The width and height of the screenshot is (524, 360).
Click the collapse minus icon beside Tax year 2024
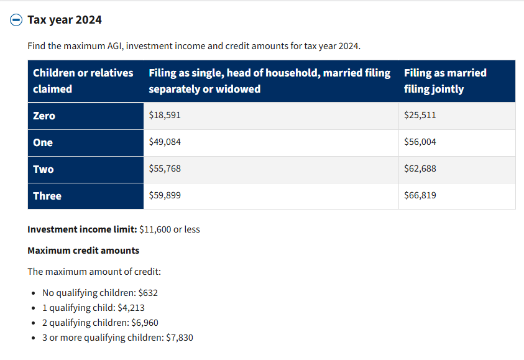[16, 20]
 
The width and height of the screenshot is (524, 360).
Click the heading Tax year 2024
[65, 20]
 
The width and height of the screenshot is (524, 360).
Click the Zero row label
[44, 116]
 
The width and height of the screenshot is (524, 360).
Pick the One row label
[43, 142]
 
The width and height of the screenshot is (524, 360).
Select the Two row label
[44, 169]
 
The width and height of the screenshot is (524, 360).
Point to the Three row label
[47, 196]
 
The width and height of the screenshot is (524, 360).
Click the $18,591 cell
[165, 115]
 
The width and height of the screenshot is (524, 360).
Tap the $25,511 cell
[420, 115]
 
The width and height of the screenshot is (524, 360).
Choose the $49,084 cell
[165, 142]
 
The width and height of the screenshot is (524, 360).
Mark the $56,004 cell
[420, 142]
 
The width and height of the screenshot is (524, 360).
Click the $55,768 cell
[165, 168]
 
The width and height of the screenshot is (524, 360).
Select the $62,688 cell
[420, 168]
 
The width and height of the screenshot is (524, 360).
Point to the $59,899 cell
[165, 195]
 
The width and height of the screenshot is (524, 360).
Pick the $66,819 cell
[420, 195]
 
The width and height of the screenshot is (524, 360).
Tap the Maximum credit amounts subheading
[83, 251]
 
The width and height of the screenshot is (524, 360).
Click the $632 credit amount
[148, 293]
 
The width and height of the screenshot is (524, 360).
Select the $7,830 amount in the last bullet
[180, 338]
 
